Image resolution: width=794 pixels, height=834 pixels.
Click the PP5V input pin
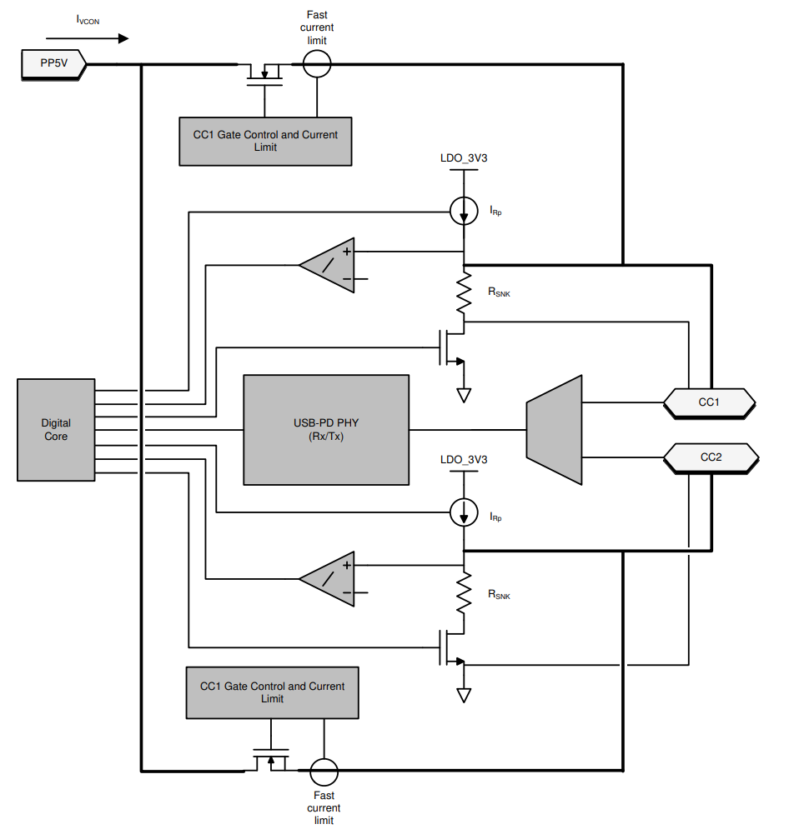tap(53, 64)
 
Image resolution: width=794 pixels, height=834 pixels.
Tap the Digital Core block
tap(56, 430)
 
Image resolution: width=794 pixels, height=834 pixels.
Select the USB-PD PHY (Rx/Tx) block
tap(326, 430)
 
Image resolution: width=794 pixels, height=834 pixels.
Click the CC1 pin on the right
tap(709, 402)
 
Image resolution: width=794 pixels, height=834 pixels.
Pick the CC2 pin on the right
tap(711, 458)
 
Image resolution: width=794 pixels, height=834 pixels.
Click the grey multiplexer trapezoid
tap(554, 430)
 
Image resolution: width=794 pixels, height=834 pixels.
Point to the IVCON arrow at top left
tap(88, 38)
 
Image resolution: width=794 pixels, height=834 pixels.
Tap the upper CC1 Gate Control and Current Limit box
tap(265, 142)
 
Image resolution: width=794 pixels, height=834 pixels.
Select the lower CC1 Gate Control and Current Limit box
tap(272, 692)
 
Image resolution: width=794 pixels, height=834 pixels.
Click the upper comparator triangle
tap(327, 265)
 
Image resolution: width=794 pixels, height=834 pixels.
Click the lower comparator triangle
tap(327, 579)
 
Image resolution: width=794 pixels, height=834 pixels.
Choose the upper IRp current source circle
tap(464, 211)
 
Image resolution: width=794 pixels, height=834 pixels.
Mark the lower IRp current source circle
tap(464, 512)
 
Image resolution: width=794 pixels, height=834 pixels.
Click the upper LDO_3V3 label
tap(463, 158)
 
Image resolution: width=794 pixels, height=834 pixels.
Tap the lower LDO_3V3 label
tap(463, 460)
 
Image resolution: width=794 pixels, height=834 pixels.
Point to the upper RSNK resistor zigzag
tap(464, 293)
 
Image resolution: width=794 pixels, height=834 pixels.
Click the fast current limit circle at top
tap(317, 64)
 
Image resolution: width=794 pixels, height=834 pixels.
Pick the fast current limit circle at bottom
tap(324, 772)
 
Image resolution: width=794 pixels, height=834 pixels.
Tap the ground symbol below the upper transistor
tap(464, 395)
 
